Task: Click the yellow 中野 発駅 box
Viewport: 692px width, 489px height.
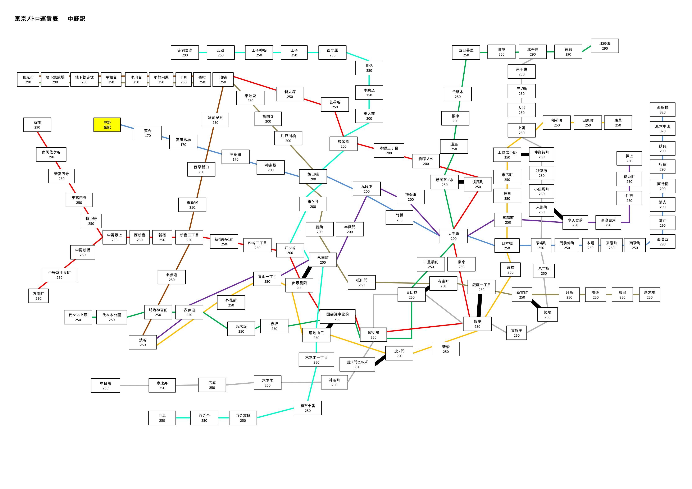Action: click(x=107, y=125)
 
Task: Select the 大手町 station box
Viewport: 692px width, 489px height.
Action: click(x=453, y=236)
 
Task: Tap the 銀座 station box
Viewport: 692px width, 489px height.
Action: click(x=477, y=324)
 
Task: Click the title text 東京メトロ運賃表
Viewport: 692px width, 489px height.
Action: click(x=36, y=19)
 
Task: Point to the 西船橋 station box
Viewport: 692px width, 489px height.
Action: click(x=663, y=110)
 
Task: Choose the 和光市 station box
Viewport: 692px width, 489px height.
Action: click(x=28, y=79)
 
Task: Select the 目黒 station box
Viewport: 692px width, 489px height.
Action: click(x=162, y=418)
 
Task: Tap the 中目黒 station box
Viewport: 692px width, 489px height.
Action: click(x=105, y=385)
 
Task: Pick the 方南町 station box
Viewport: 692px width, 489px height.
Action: click(x=38, y=296)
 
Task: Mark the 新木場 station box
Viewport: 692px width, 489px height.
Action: click(x=650, y=295)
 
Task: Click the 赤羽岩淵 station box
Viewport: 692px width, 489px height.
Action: click(x=185, y=53)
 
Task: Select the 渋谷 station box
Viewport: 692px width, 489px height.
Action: click(x=143, y=342)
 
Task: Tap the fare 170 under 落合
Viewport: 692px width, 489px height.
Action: click(x=148, y=136)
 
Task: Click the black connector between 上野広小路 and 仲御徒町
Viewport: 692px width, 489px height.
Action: click(x=525, y=154)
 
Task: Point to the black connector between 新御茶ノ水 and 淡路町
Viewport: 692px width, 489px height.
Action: click(x=461, y=182)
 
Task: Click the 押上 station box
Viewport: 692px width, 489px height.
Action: click(x=629, y=158)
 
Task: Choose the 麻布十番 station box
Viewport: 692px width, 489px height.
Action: click(x=308, y=408)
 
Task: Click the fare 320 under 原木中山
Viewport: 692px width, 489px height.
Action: click(x=663, y=131)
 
